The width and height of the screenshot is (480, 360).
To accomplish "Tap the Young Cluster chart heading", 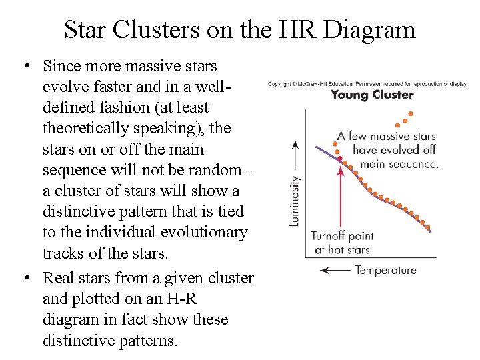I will coord(372,95).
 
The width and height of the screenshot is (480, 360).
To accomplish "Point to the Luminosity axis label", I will coord(295,200).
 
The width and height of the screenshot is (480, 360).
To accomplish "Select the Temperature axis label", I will coord(386,270).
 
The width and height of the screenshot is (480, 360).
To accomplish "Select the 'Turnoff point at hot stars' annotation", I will coord(343,243).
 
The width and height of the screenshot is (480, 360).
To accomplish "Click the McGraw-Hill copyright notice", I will coord(367,84).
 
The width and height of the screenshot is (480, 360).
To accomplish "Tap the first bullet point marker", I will coord(25,67).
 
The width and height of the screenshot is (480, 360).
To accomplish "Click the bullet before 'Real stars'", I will coord(25,278).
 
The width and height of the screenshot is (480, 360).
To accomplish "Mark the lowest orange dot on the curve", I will coord(427,227).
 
